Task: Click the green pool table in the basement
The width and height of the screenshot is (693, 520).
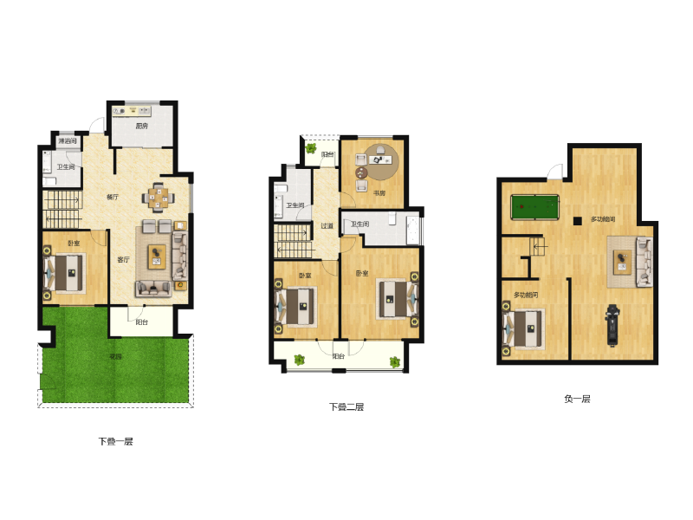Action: point(535,208)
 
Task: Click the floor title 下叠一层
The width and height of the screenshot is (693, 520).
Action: point(115,441)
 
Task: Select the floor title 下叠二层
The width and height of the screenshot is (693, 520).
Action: point(346,406)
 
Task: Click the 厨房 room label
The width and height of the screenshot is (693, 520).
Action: point(143,127)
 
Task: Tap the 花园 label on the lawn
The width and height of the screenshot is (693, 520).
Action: point(115,357)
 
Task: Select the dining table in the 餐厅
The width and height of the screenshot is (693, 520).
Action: point(158,197)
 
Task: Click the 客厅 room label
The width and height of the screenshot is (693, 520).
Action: point(124,258)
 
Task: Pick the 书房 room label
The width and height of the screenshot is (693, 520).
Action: point(379,193)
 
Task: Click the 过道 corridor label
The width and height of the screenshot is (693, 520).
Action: point(327,226)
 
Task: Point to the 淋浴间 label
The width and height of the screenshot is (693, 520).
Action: point(67,140)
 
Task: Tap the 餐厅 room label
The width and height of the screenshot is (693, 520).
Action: point(113,197)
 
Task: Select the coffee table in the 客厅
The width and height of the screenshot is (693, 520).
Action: point(157,257)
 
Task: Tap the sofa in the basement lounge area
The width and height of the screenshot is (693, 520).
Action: point(642,261)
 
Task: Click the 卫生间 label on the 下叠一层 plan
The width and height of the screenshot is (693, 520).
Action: point(66,166)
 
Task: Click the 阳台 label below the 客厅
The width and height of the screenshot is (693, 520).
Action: point(141,322)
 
